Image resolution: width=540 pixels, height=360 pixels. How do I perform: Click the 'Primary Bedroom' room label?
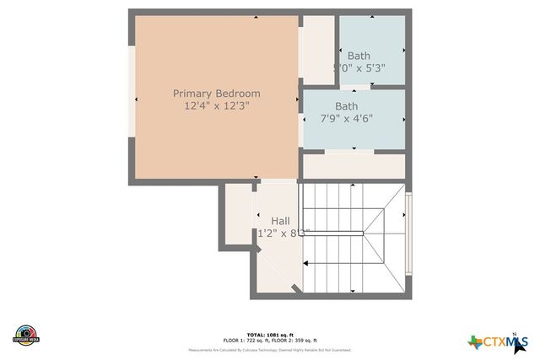tap(216, 93)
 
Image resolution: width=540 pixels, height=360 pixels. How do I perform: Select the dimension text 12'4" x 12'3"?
tap(216, 106)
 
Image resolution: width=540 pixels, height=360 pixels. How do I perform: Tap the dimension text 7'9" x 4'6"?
tap(346, 119)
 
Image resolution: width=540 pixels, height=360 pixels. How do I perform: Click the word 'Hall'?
tap(280, 221)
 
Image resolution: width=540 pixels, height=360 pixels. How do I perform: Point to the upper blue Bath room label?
tap(359, 56)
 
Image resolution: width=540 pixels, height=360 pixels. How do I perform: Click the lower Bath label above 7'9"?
tap(346, 106)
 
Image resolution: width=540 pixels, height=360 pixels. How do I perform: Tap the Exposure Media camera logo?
tap(27, 334)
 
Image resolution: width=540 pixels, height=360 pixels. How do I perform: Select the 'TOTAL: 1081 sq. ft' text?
tap(270, 334)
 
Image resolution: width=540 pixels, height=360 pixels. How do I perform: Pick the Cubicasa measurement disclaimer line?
tap(270, 349)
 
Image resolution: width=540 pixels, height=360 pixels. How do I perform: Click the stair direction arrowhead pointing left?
tap(306, 265)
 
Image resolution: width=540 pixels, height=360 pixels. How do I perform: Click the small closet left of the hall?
tap(237, 215)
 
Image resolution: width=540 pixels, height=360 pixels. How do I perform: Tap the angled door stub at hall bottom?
tap(294, 289)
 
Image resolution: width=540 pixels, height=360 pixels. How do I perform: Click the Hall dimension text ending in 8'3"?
tap(280, 234)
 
